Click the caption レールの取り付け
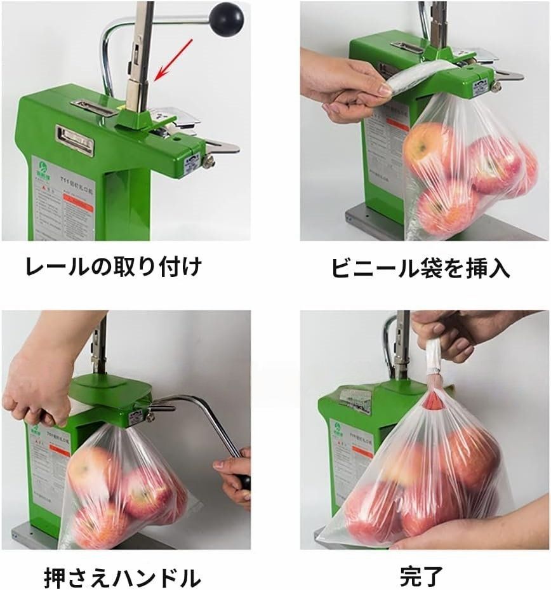113,265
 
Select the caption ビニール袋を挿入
420,268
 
